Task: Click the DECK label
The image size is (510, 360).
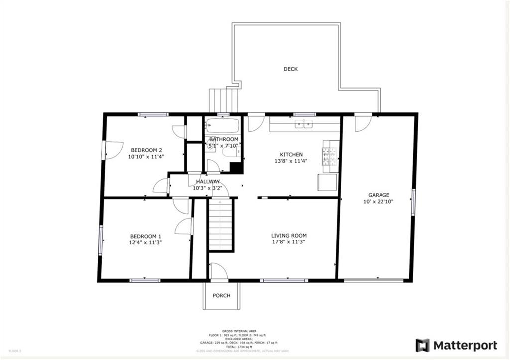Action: (x=290, y=69)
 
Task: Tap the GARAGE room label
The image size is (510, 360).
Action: (x=379, y=195)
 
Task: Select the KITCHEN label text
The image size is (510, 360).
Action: (x=291, y=155)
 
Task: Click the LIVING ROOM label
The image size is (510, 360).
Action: (x=289, y=236)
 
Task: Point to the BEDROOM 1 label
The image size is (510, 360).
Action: (x=146, y=236)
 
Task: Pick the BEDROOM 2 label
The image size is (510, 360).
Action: (x=146, y=150)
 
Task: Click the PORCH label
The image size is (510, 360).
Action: (x=221, y=296)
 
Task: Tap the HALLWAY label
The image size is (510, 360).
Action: (x=208, y=182)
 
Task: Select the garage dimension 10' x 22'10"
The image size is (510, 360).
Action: (x=379, y=202)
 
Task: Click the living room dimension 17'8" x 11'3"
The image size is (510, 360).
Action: (x=289, y=242)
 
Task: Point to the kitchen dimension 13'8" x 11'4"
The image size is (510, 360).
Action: (x=291, y=161)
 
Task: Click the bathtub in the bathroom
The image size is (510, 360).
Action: (x=223, y=124)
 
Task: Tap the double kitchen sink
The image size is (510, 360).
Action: (x=303, y=124)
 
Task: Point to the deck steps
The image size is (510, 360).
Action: (x=224, y=100)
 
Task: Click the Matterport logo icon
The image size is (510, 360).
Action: (x=422, y=345)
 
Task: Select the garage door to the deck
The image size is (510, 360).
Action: (x=363, y=122)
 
